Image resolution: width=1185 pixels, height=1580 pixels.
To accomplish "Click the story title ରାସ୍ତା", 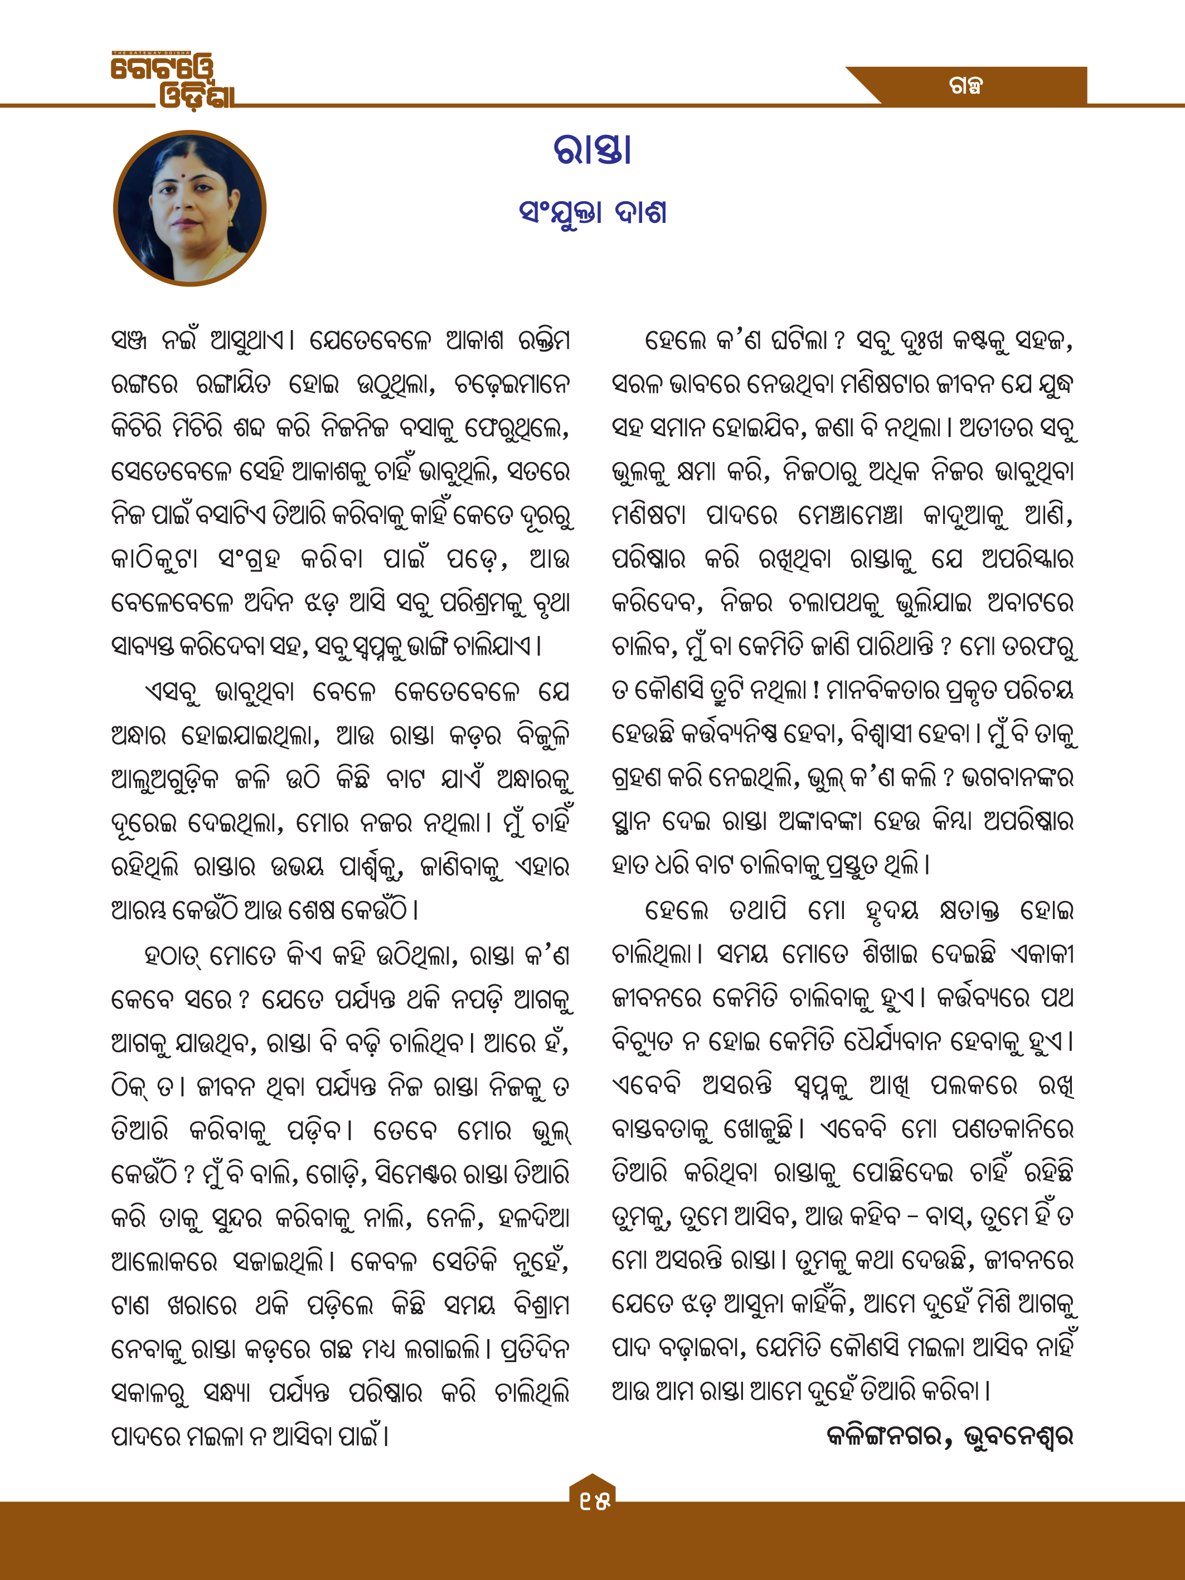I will pos(592,150).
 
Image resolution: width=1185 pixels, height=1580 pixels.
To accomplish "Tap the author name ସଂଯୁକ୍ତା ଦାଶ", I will pos(592,212).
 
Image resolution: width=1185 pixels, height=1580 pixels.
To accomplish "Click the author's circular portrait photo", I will pos(190,208).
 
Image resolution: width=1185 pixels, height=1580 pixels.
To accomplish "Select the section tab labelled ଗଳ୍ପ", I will pos(966,86).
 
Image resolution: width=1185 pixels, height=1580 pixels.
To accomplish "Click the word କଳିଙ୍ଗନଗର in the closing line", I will pos(884,1435).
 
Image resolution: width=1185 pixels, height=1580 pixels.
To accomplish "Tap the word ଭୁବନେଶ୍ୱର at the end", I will pos(1018,1435).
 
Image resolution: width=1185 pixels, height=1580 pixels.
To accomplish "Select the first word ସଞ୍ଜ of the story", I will pos(129,340).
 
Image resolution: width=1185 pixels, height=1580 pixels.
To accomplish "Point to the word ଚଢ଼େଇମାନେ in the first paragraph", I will pos(512,385).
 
